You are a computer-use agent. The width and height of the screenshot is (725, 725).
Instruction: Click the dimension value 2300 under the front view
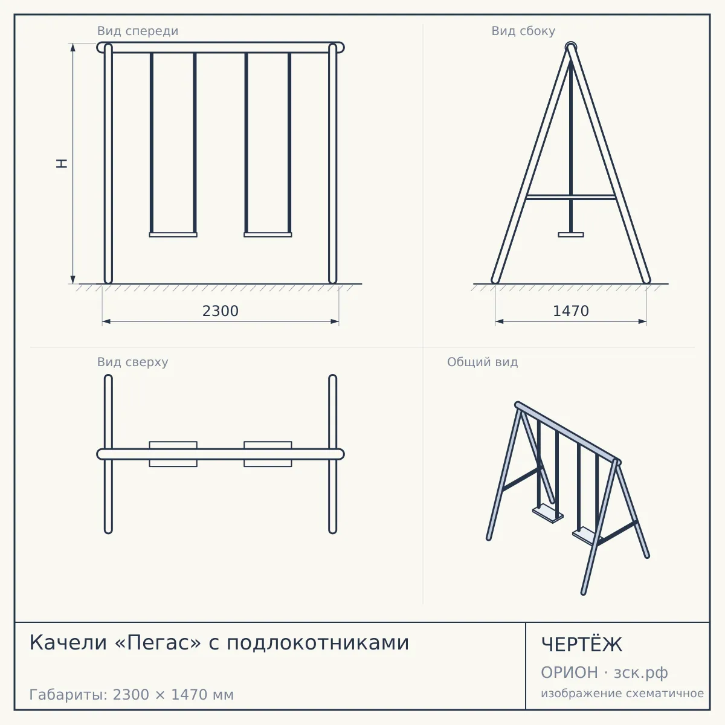pyautogui.click(x=221, y=311)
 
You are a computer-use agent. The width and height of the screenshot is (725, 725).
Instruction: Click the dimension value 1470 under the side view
pyautogui.click(x=571, y=311)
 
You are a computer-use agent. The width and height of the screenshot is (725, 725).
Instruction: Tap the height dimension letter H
pyautogui.click(x=62, y=163)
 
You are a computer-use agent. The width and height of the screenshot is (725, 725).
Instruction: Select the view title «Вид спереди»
pyautogui.click(x=138, y=31)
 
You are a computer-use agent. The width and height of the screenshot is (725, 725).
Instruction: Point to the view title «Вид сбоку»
pyautogui.click(x=523, y=31)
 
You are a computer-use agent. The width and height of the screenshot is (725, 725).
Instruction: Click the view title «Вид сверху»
pyautogui.click(x=132, y=362)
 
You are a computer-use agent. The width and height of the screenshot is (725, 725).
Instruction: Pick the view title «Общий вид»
pyautogui.click(x=482, y=362)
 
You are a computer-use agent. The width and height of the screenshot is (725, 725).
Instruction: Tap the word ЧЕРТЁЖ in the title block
pyautogui.click(x=582, y=645)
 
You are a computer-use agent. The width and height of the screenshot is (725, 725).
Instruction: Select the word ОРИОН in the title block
pyautogui.click(x=569, y=672)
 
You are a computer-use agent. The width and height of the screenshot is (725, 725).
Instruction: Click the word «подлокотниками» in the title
pyautogui.click(x=318, y=643)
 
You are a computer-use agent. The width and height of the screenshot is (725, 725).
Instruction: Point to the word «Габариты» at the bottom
pyautogui.click(x=69, y=695)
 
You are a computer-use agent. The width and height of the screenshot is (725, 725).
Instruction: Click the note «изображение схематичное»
pyautogui.click(x=622, y=694)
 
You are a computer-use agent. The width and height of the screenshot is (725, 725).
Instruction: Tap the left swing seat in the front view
pyautogui.click(x=173, y=235)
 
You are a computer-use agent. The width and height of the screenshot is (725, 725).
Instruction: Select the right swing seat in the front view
pyautogui.click(x=268, y=235)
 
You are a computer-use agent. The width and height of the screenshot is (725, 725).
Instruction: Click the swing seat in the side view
pyautogui.click(x=571, y=235)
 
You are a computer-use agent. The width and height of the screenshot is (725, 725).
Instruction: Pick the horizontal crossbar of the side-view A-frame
pyautogui.click(x=571, y=197)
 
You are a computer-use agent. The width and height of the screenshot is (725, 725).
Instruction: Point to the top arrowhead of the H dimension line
pyautogui.click(x=73, y=47)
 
